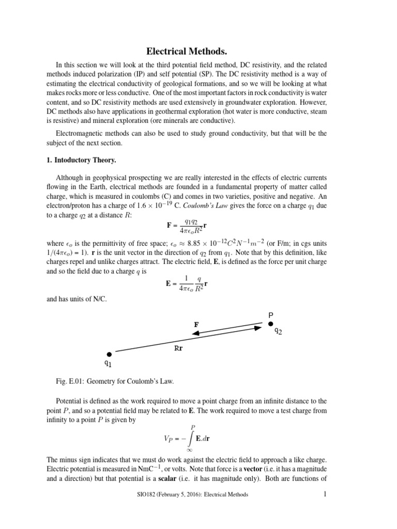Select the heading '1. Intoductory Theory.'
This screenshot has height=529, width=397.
click(x=86, y=160)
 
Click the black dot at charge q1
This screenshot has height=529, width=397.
click(x=109, y=354)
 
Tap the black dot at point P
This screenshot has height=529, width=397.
click(x=270, y=324)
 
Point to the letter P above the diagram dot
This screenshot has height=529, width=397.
click(x=270, y=314)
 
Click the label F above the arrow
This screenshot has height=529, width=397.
click(x=196, y=324)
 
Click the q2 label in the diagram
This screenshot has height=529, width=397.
click(x=278, y=331)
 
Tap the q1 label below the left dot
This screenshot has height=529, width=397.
click(x=109, y=364)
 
